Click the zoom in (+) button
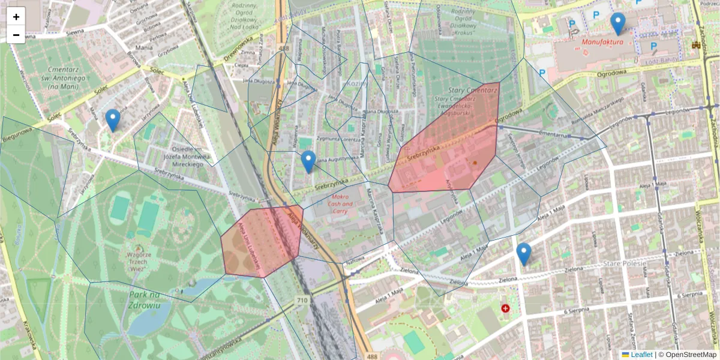point(16,16)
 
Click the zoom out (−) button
point(16,35)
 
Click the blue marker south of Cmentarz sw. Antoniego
point(112,120)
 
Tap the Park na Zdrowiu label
point(144,299)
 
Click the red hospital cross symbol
point(505,308)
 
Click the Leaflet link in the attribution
point(641,355)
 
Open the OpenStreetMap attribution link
point(691,355)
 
